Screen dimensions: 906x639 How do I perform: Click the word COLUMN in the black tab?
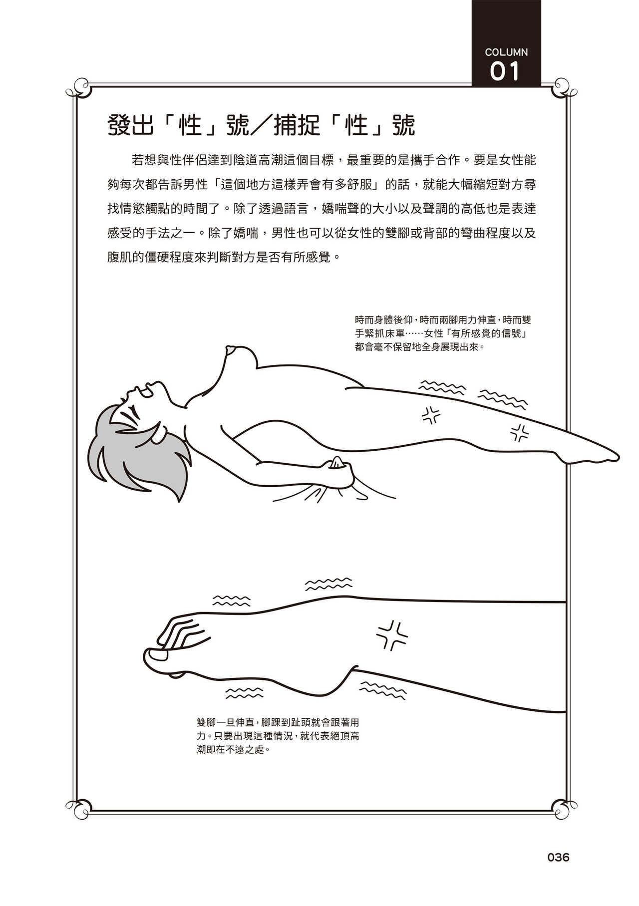pos(506,52)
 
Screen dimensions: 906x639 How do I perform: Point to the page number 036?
pos(558,857)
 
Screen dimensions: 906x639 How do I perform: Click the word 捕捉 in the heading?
pos(297,126)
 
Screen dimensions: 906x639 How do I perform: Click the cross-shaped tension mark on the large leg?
pos(392,635)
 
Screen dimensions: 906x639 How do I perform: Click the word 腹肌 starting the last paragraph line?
pos(120,258)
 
